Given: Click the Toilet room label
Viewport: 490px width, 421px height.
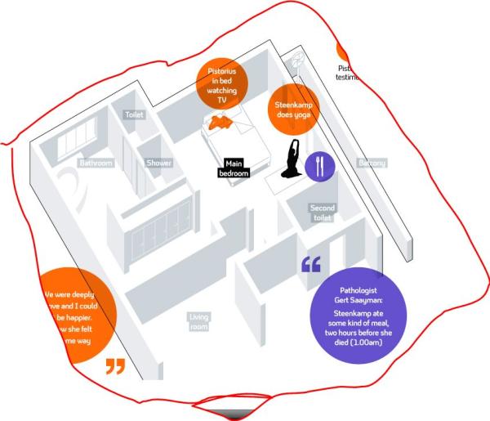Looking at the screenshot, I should (134, 115).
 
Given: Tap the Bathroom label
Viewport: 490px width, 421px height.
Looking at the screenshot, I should (96, 163).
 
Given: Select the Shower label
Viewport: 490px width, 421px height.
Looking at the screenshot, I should (159, 163).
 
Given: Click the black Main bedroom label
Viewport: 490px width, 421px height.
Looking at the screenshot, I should (233, 168).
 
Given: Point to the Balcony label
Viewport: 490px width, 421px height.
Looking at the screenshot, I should (372, 163).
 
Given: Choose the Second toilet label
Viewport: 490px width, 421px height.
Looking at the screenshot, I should (323, 213).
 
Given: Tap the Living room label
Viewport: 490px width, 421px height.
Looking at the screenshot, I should (198, 321).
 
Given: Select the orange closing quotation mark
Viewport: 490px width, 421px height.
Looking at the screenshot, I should (116, 365).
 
